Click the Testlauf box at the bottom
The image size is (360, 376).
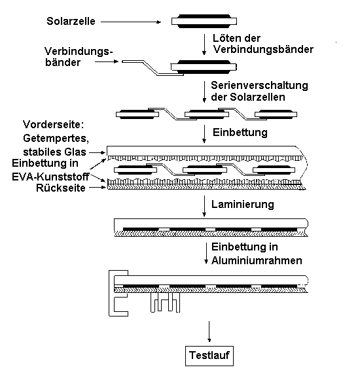click(209, 356)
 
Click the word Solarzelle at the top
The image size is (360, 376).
click(71, 21)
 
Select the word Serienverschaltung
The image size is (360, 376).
click(259, 86)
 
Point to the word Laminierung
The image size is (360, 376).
click(243, 204)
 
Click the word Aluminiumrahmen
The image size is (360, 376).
click(257, 260)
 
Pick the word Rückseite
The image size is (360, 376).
click(61, 188)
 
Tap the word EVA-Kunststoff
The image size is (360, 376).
click(50, 177)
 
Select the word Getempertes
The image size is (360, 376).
click(56, 139)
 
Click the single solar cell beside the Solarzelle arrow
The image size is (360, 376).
click(204, 22)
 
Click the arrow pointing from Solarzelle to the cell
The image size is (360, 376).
click(131, 22)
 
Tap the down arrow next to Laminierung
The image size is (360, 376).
click(204, 206)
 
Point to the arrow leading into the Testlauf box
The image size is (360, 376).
click(209, 332)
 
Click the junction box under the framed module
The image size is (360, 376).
click(165, 302)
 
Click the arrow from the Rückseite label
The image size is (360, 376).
click(98, 188)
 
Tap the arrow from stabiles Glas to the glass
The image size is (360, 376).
click(97, 152)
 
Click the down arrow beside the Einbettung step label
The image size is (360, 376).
click(204, 134)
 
